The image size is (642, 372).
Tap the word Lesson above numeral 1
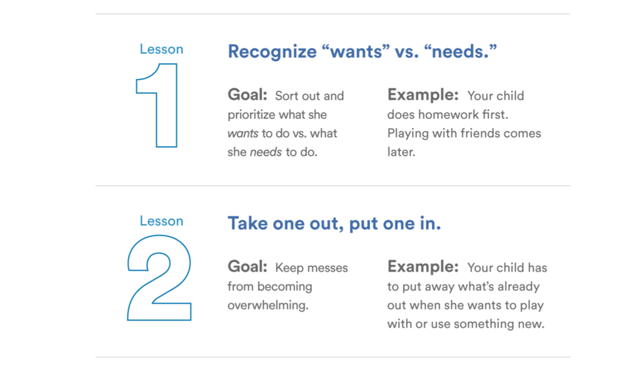(161, 49)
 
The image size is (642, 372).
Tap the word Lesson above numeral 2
(161, 221)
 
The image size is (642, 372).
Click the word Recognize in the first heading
(272, 52)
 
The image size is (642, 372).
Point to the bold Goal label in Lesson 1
(247, 95)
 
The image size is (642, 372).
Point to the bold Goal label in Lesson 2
(247, 267)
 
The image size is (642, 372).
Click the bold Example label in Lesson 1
(423, 95)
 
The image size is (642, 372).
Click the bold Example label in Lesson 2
(423, 267)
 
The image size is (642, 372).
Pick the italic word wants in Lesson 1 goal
(243, 133)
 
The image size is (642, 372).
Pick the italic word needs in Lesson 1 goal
(265, 152)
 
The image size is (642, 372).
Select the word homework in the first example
(442, 115)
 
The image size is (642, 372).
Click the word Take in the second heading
(248, 223)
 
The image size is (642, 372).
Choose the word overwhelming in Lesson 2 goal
(267, 305)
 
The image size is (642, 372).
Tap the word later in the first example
(401, 152)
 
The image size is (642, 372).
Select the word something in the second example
(486, 324)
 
